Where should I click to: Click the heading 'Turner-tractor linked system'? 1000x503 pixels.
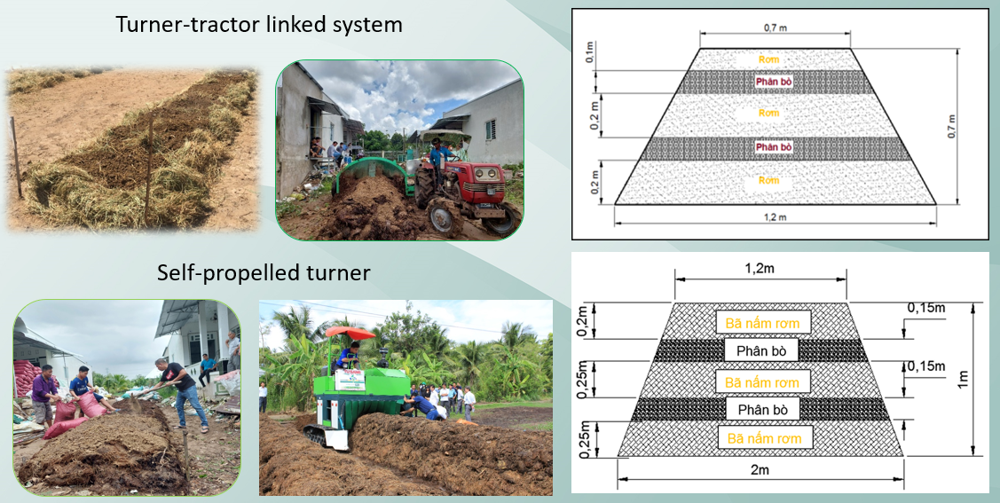click(259, 25)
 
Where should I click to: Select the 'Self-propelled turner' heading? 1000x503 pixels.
click(264, 272)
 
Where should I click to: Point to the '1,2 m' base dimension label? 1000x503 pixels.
click(775, 216)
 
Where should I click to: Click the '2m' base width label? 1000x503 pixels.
click(760, 470)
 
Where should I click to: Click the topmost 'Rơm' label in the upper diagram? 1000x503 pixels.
click(768, 59)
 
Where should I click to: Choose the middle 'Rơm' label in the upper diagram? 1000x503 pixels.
click(768, 114)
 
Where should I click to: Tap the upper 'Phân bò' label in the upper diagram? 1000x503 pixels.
click(774, 82)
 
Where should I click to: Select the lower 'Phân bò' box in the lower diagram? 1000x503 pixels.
click(762, 409)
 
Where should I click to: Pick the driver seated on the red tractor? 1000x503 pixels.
click(439, 161)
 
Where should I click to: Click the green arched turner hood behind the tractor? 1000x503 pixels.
click(372, 174)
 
